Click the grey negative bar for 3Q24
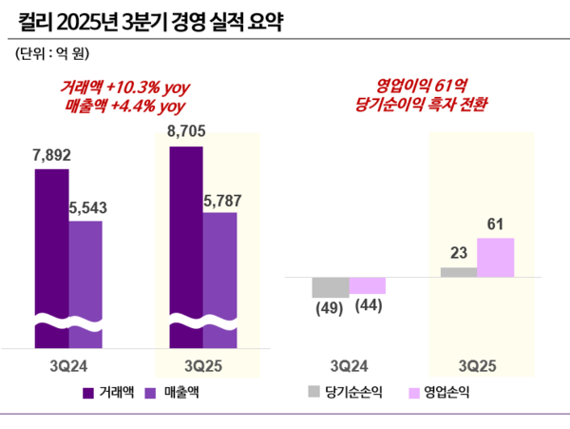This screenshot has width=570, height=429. pos(331,287)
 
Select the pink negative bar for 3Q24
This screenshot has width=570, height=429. pos(368,285)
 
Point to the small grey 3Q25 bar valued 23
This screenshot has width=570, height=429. pos(459,272)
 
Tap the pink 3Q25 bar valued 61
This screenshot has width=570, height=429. pos(495,258)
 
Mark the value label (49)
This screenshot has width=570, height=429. pos(331,306)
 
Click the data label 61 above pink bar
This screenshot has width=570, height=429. pos(495,225)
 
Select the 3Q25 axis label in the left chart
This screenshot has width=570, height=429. pos(202,364)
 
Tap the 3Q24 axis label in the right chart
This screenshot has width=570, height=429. pos(349,364)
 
